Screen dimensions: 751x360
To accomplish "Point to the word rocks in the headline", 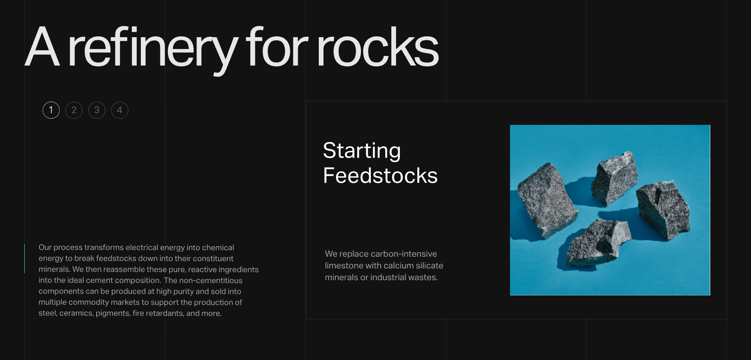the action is point(378,47).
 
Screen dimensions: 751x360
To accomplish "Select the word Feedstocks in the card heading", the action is point(380,175).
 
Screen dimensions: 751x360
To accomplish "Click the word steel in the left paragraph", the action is point(48,313).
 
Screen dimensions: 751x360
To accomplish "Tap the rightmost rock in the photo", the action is point(663,209).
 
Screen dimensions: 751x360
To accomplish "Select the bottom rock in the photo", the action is point(596,243).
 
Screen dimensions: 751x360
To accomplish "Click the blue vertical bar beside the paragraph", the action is point(24,259).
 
